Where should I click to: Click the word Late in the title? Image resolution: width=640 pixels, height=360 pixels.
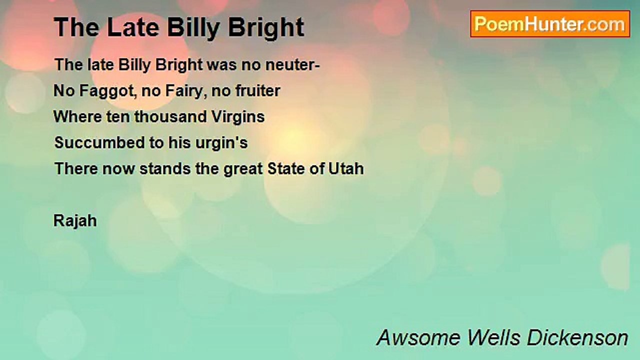(133, 27)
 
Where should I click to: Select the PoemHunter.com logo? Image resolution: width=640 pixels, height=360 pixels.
(550, 24)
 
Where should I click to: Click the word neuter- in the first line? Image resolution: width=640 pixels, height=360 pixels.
(292, 65)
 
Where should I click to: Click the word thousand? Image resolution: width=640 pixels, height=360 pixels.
(170, 116)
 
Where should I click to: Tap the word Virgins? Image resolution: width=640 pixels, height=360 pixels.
(238, 117)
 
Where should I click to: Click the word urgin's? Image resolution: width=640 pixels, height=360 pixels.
(221, 143)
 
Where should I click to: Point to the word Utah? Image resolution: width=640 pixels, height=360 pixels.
(346, 168)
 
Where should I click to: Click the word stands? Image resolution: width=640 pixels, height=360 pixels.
(165, 168)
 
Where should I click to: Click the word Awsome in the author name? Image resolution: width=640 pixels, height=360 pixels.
(418, 337)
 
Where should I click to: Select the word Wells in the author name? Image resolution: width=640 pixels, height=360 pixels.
(494, 337)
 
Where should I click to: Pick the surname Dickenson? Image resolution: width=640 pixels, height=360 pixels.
(577, 337)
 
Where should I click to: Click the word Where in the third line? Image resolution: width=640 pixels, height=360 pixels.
(77, 116)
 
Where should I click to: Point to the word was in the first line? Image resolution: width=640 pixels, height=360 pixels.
(221, 65)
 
